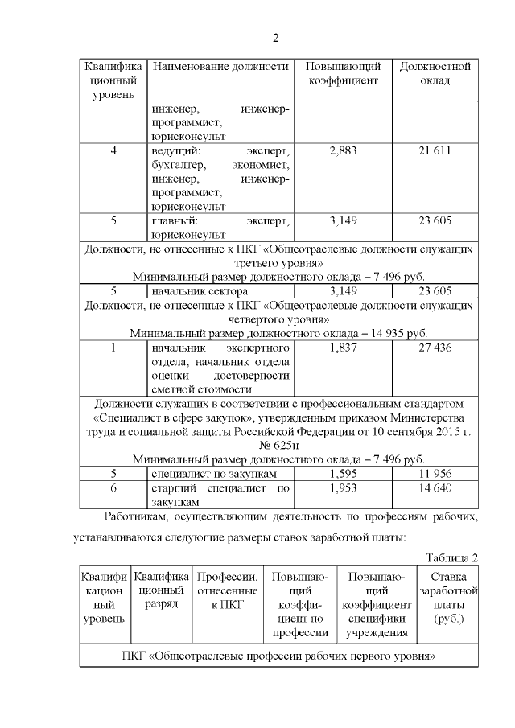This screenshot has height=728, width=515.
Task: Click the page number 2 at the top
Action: pyautogui.click(x=275, y=38)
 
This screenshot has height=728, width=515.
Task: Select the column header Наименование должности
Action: pyautogui.click(x=220, y=66)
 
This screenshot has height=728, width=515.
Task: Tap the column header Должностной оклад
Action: pyautogui.click(x=435, y=73)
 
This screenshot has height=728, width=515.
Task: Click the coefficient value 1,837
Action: pyautogui.click(x=343, y=348)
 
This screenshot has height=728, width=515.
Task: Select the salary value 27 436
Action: pyautogui.click(x=435, y=348)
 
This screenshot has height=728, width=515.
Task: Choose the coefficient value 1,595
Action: pyautogui.click(x=343, y=474)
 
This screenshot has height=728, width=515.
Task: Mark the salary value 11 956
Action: pyautogui.click(x=435, y=474)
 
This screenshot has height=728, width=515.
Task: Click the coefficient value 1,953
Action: pyautogui.click(x=343, y=488)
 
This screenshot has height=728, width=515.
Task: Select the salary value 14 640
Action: pyautogui.click(x=435, y=488)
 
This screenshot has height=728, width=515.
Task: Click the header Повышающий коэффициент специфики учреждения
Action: pyautogui.click(x=376, y=605)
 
